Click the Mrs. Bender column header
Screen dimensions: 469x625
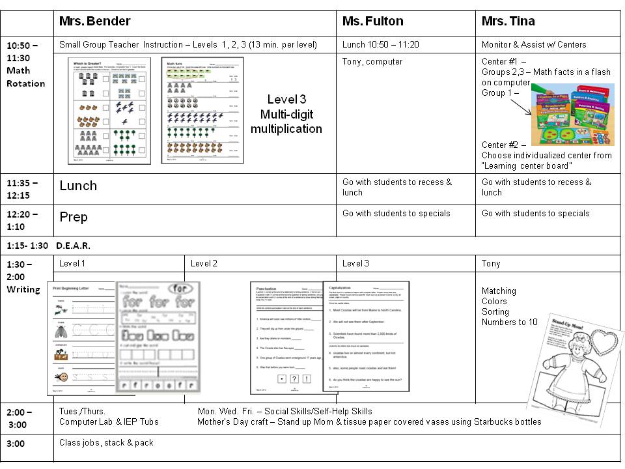(95, 21)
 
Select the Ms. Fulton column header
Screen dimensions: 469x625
(372, 21)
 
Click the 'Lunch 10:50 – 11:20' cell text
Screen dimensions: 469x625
(381, 44)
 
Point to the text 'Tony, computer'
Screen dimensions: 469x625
(372, 62)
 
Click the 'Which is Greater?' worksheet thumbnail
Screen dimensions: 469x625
(109, 110)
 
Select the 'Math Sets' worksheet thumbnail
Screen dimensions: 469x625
(202, 110)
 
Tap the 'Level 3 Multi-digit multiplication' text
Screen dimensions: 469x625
(286, 114)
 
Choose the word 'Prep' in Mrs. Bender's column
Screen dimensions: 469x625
(74, 217)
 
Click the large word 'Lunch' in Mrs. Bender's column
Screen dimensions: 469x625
(78, 186)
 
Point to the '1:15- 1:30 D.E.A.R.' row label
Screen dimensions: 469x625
(49, 246)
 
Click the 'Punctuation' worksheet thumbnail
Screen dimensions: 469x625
(285, 337)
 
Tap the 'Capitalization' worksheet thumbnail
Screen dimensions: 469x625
(366, 336)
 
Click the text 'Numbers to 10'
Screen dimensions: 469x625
(510, 322)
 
